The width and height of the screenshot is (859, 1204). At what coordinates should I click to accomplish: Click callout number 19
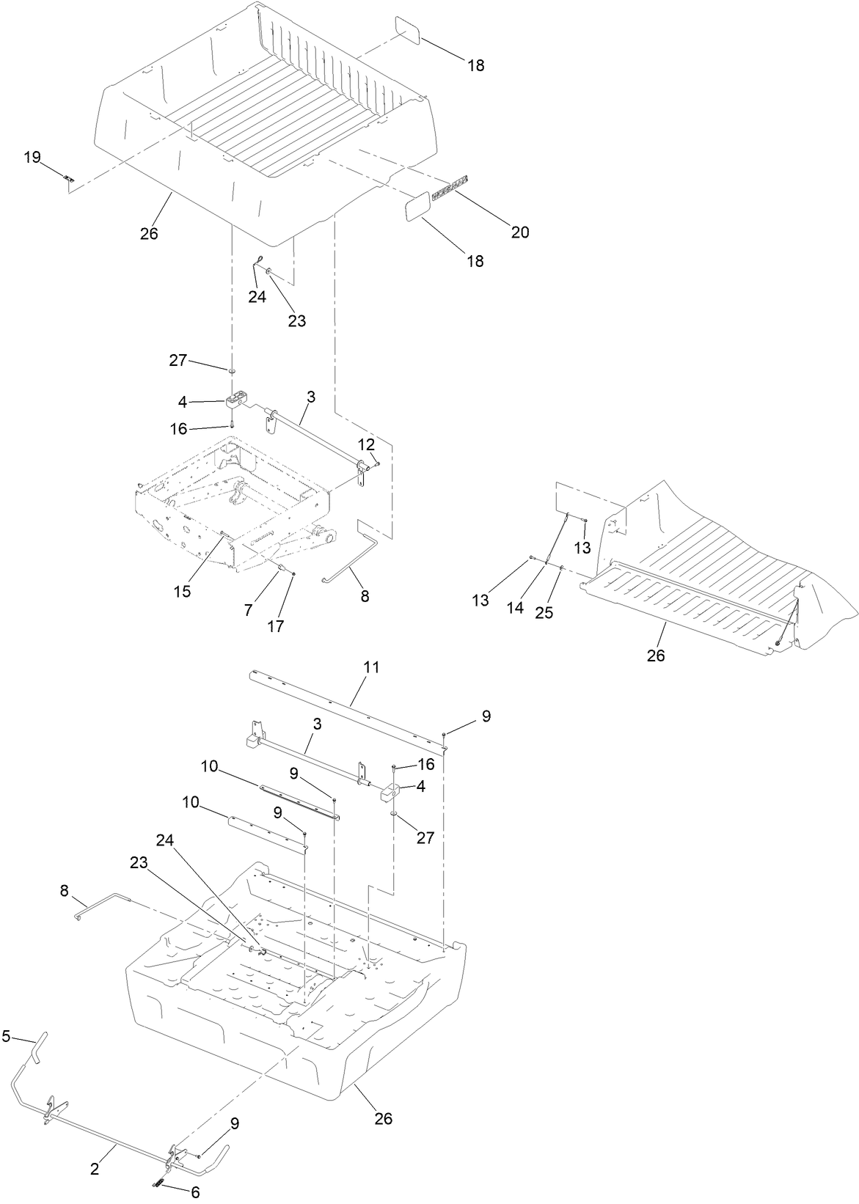click(x=32, y=157)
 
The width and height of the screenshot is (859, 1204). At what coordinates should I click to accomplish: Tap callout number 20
click(x=519, y=232)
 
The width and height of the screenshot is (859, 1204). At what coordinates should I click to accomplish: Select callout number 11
click(x=371, y=668)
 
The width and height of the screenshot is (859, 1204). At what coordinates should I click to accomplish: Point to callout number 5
click(x=7, y=1036)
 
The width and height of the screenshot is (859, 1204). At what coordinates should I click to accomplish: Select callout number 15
click(x=182, y=591)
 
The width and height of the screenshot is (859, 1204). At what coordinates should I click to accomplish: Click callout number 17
click(x=276, y=625)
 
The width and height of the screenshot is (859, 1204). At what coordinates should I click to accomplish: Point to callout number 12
click(x=366, y=444)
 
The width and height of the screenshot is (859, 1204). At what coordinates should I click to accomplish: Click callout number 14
click(x=515, y=608)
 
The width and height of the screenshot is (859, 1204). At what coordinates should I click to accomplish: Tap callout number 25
click(x=544, y=613)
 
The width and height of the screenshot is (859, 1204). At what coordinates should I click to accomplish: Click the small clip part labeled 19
click(x=68, y=178)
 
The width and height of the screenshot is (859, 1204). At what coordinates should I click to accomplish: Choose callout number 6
click(x=195, y=1193)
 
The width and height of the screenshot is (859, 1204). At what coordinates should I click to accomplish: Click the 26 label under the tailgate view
click(x=655, y=655)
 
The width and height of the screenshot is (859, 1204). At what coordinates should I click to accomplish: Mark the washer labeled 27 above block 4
click(x=232, y=372)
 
